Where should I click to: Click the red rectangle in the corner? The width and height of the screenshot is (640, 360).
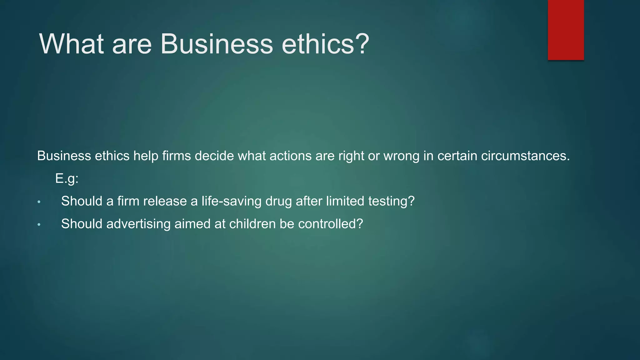point(566,30)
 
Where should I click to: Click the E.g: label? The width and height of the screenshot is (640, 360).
point(67,179)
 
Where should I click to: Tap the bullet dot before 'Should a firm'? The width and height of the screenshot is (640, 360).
point(39,202)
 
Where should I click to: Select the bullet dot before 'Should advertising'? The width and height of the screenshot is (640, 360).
point(39,225)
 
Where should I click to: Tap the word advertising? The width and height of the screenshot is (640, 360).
point(138,224)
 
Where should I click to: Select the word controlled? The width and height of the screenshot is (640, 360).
point(331,224)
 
